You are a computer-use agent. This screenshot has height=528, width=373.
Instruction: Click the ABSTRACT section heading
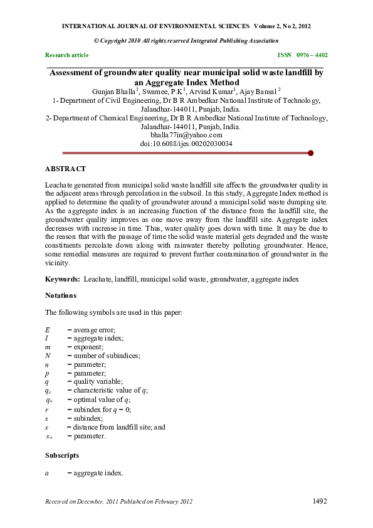tap(65, 169)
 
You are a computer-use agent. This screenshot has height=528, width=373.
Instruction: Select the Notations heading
tap(61, 295)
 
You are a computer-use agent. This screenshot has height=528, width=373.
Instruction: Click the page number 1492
tap(320, 501)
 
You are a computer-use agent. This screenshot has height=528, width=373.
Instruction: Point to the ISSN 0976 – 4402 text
tap(302, 55)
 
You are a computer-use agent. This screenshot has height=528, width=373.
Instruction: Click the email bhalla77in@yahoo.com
tap(186, 135)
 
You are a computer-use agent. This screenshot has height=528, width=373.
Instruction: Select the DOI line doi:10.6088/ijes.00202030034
tap(186, 144)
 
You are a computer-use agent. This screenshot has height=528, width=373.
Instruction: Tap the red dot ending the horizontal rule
tap(311, 152)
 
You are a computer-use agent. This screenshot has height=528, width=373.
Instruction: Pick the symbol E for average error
tap(48, 330)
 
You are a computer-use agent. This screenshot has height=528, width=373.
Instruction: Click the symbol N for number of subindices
tap(48, 356)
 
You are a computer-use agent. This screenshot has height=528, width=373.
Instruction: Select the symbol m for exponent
tap(48, 347)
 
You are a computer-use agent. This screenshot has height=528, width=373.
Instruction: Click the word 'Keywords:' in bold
tap(62, 278)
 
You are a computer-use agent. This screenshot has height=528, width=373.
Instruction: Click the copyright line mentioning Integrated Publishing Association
tap(186, 40)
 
